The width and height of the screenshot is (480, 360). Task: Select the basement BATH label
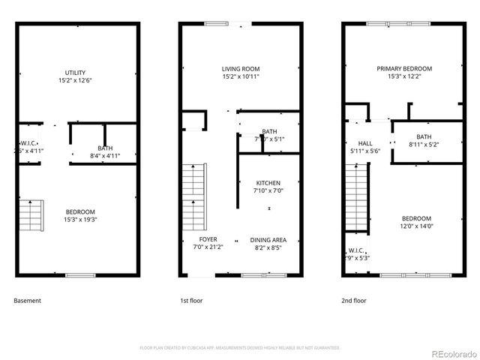105,148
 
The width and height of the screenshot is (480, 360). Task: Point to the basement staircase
31,215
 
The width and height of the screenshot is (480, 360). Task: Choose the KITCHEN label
268,183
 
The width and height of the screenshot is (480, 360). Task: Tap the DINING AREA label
268,240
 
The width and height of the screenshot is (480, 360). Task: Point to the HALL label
365,143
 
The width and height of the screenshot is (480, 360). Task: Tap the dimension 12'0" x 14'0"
415,226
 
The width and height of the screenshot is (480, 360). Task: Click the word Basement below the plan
28,301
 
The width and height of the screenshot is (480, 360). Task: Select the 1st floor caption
192,301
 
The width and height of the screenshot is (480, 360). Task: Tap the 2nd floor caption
354,301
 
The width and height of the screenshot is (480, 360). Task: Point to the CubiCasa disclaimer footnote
240,348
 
